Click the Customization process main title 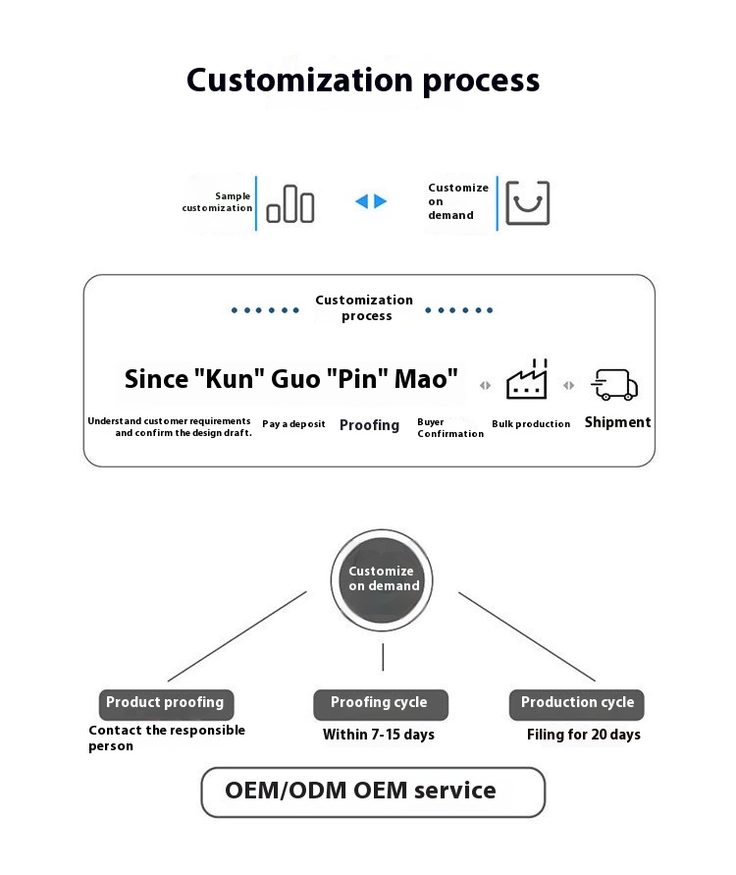(363, 80)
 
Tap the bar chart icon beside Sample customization (290, 203)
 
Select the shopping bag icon (528, 203)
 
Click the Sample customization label (218, 202)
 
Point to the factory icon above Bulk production (527, 380)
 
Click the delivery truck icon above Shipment (614, 384)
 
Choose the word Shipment (617, 422)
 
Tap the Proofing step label (369, 425)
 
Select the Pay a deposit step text (293, 424)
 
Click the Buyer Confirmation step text (450, 428)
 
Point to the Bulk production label (531, 424)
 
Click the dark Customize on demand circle (383, 578)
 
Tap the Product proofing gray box (165, 703)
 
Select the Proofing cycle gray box (380, 703)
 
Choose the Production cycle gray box (577, 703)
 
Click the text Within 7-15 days (379, 735)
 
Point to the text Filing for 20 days (584, 735)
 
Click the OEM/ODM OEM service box (373, 792)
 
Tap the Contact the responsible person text (167, 738)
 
